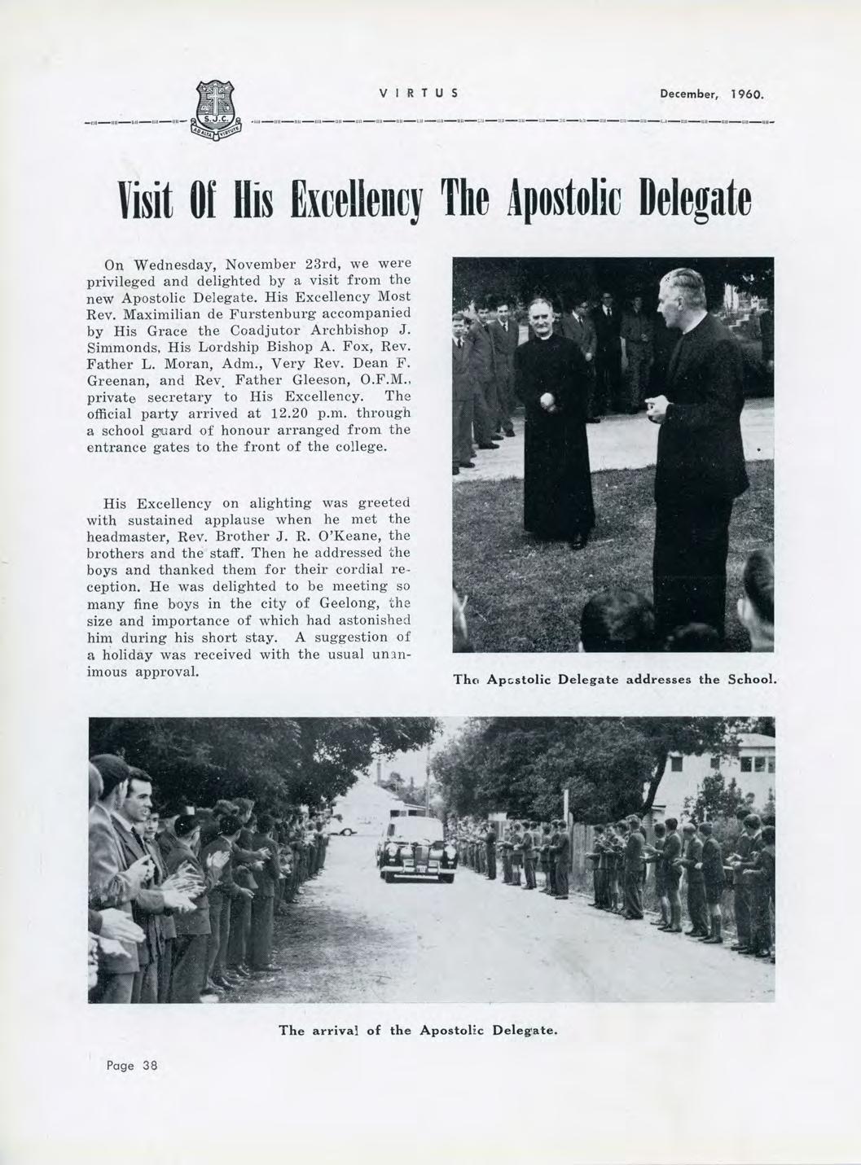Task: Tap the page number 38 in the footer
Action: coord(150,1066)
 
